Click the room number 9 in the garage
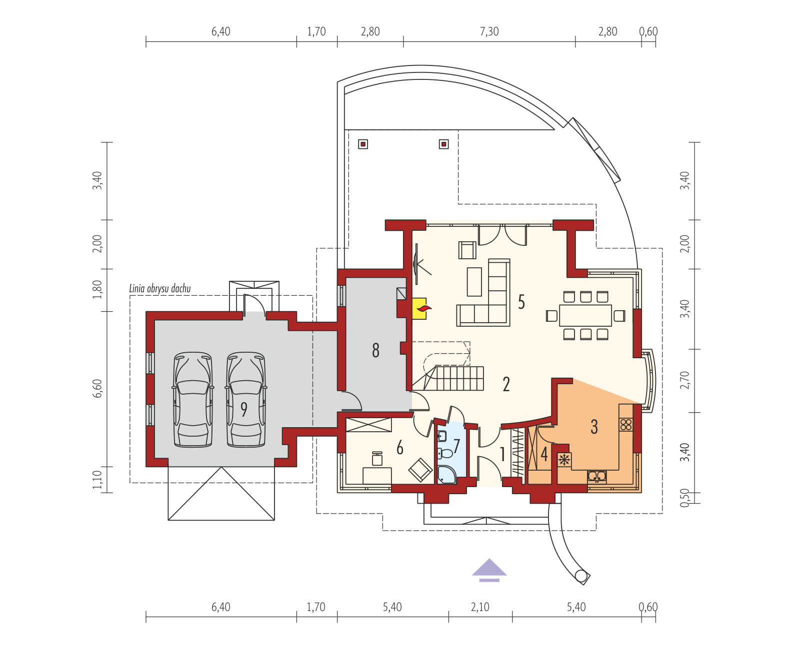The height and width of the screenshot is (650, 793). point(243,409)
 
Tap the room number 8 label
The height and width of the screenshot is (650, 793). point(375,351)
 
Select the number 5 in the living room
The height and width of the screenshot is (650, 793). point(521,302)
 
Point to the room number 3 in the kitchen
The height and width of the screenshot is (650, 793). point(594,427)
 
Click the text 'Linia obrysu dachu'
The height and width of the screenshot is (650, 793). point(160,288)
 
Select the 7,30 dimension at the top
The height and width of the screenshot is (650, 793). point(489,31)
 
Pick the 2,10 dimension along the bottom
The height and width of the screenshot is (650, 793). point(480,607)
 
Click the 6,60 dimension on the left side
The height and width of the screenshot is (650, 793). point(97,388)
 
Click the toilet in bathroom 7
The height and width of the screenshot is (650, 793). point(444,453)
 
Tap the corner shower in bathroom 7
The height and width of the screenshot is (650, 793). point(446,475)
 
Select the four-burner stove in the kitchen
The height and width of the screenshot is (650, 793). point(626,425)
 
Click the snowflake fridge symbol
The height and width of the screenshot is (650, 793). point(564,460)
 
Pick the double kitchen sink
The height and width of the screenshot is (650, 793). point(596,477)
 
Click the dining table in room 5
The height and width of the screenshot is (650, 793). point(585,315)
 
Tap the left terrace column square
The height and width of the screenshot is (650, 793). point(363,144)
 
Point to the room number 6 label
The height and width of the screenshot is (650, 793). point(399,448)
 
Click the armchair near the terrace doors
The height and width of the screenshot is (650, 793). point(467,250)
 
